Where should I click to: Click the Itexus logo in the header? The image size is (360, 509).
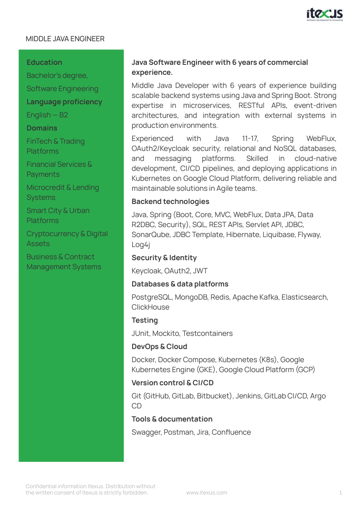(324, 15)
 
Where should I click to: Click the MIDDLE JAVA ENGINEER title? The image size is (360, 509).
(65, 39)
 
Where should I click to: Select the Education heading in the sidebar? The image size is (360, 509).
(44, 63)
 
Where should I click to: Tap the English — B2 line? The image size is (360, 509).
(47, 115)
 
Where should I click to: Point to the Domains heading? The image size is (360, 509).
(42, 128)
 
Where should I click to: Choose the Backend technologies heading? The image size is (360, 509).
(170, 202)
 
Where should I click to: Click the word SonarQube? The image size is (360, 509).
(149, 235)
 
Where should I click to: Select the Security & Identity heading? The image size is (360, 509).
(164, 258)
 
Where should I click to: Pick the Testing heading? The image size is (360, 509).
(144, 320)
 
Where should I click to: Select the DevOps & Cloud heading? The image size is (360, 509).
(159, 347)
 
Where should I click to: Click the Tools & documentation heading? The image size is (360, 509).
(172, 419)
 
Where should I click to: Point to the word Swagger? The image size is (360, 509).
(145, 432)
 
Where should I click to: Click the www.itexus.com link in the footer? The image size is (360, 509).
(206, 493)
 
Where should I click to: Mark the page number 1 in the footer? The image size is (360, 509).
(341, 493)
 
